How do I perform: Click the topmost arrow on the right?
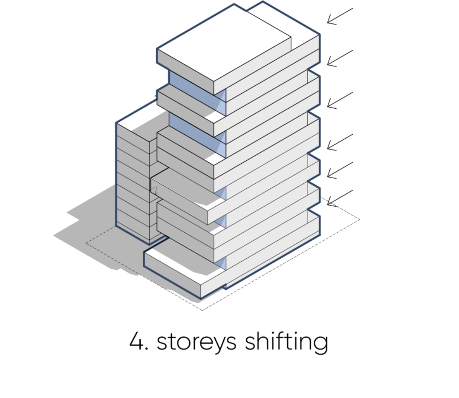click(x=340, y=16)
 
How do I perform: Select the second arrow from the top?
click(x=340, y=58)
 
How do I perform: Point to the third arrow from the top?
click(x=340, y=100)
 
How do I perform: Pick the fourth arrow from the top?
click(x=340, y=142)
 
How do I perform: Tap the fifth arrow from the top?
click(x=340, y=170)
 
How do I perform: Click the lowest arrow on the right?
click(x=340, y=198)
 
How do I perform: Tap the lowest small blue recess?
click(x=220, y=263)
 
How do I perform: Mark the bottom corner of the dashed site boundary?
click(x=202, y=310)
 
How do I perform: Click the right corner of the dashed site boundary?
click(x=360, y=220)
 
